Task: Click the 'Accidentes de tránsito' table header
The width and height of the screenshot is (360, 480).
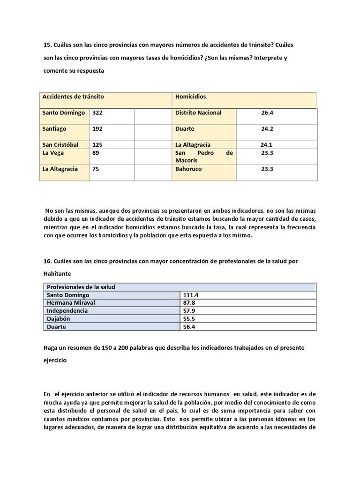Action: point(73,97)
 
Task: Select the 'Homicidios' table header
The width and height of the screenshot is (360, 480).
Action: point(190,97)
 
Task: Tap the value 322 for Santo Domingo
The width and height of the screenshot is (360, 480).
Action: point(97,113)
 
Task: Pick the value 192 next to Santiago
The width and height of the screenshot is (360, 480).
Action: point(97,128)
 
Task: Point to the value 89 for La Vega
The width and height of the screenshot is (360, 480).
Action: point(96,153)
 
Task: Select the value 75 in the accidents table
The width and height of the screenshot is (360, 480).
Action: point(96,169)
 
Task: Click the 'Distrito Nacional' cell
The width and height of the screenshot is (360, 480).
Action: point(198,113)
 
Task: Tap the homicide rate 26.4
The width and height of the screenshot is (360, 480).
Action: point(267,113)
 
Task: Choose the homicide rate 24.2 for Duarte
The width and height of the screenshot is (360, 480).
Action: point(267,128)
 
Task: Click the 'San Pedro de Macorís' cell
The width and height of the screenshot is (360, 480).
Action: point(204,157)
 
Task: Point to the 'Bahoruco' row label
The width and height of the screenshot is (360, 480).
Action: point(188,169)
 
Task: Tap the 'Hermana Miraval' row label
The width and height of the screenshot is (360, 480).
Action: point(71,303)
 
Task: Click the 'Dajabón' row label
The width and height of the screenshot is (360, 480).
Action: point(59,319)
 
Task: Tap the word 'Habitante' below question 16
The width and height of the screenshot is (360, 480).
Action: point(58,273)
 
